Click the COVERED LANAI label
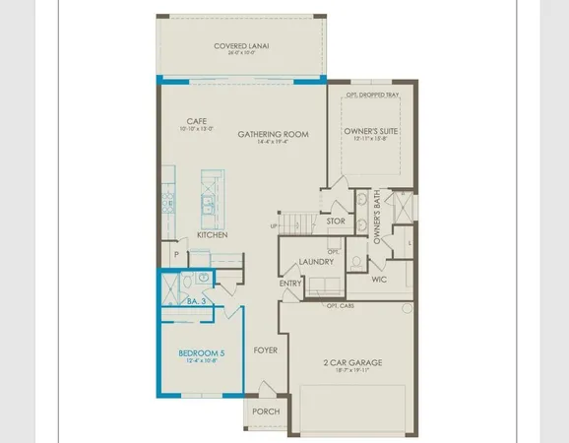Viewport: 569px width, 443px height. click(242, 46)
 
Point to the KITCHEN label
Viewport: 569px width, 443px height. click(212, 235)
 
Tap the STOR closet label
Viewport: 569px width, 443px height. click(335, 221)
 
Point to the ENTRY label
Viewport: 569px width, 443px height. click(290, 284)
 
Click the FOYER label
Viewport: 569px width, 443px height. click(266, 349)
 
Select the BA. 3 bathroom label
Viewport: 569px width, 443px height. click(196, 302)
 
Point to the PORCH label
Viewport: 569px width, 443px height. click(266, 411)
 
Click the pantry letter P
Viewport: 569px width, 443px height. click(176, 253)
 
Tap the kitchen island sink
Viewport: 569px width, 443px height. click(209, 205)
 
